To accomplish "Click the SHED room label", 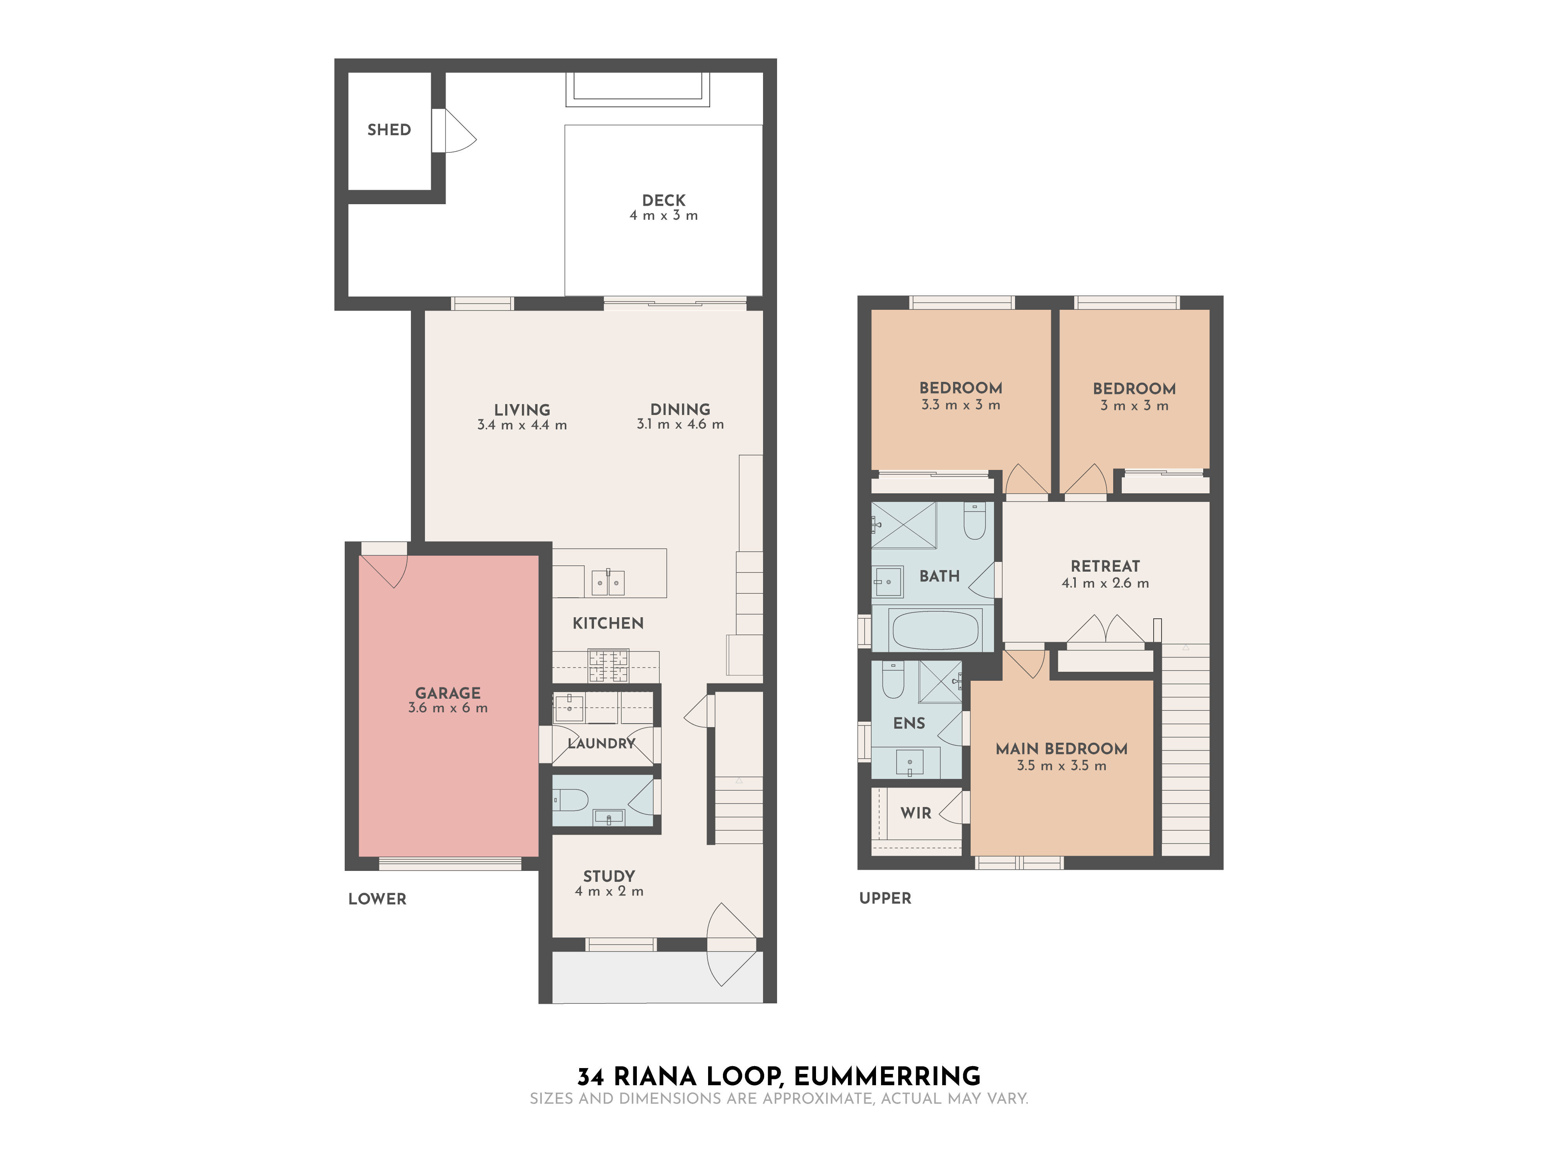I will coord(389,130).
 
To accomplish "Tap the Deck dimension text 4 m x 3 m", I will coord(663,215).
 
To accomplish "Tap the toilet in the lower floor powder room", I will coord(571,800).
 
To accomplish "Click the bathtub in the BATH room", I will coord(935,629).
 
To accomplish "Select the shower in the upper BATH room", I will coord(904,525).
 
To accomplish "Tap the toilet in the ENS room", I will coord(893,680).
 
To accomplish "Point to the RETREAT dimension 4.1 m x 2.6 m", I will coord(1105,583).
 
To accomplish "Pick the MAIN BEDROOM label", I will coord(1061,748).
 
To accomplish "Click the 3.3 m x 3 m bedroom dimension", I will coord(961,405).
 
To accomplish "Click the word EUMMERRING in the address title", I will coord(887,1077).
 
